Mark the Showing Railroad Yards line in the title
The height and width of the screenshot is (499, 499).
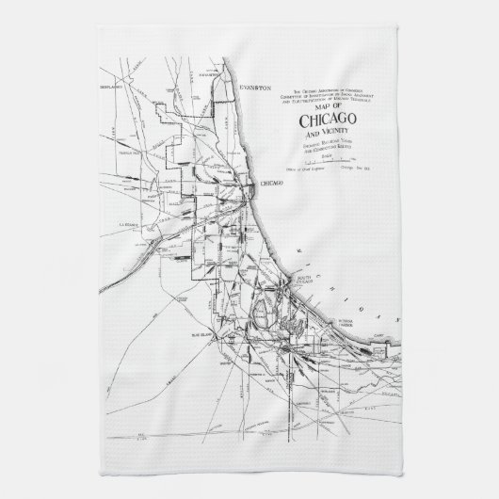tap(326, 144)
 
